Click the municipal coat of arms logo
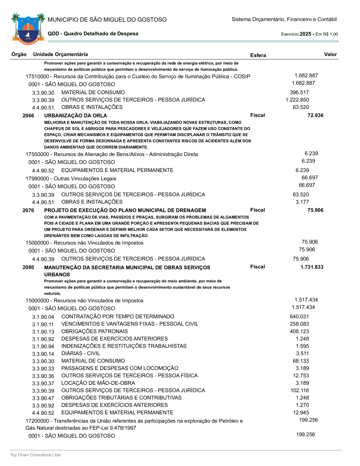(x=26, y=28)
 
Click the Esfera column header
(x=258, y=55)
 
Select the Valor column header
(x=330, y=54)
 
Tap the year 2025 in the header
(x=306, y=34)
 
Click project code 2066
(x=28, y=116)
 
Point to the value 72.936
(x=315, y=116)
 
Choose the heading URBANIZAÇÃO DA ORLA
(x=76, y=116)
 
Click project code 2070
(x=28, y=210)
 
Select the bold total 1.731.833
(x=312, y=267)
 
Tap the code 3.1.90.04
(x=43, y=317)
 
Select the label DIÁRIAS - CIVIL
(x=81, y=354)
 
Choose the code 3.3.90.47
(x=43, y=398)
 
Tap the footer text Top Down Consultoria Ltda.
(x=36, y=455)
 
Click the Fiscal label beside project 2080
(x=258, y=267)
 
